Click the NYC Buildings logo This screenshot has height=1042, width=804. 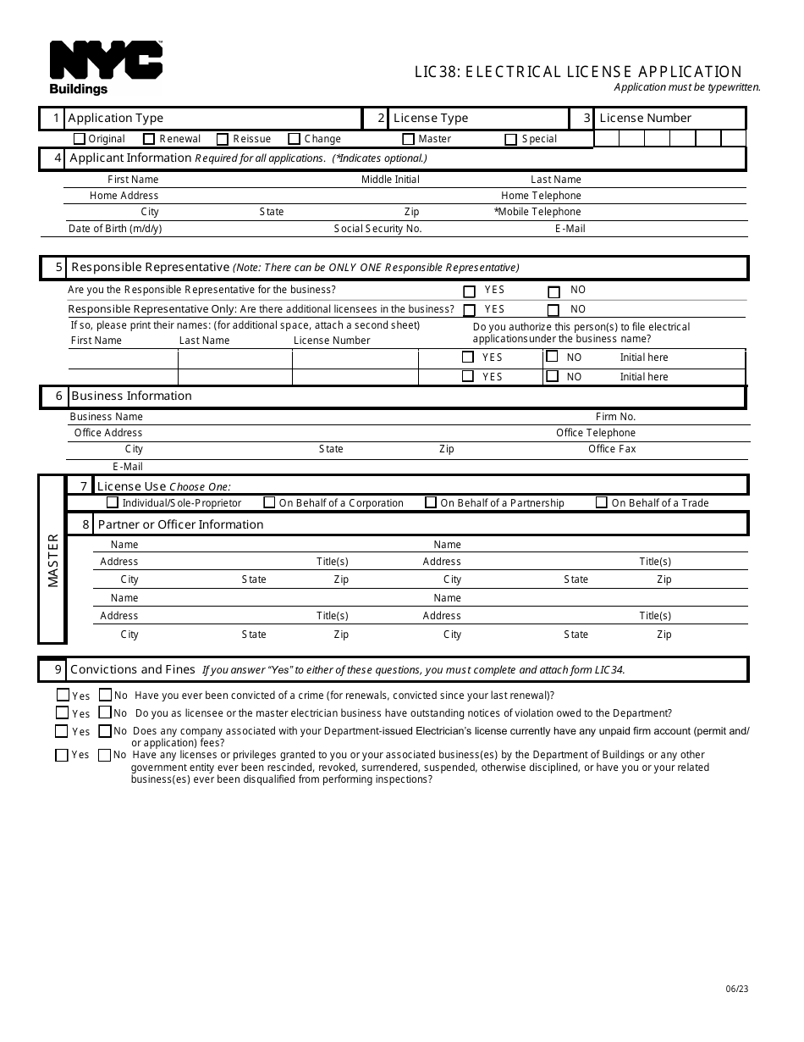pos(106,67)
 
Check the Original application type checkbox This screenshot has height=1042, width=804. pos(80,139)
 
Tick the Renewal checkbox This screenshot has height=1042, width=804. pos(149,139)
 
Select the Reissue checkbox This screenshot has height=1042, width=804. pos(223,139)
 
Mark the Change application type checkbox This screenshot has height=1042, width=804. pos(294,139)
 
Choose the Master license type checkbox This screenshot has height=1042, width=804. pos(408,139)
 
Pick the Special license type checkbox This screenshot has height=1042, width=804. pos(510,139)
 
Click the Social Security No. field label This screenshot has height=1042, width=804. pos(377,229)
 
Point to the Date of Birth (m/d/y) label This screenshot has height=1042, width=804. pos(115,229)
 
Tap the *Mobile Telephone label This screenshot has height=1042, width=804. pos(537,212)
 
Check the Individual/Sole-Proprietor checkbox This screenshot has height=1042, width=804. pos(113,502)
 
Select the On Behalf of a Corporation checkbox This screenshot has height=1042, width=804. pos(269,502)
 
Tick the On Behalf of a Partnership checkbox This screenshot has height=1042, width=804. pos(431,502)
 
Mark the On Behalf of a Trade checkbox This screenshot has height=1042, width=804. pos(601,502)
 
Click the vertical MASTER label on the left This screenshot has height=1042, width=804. pos(53,560)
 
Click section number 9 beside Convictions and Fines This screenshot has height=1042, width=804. pos(58,669)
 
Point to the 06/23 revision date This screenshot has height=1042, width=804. pos(736,989)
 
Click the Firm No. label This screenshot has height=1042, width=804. pos(615,417)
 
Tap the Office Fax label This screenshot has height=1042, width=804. pos(612,449)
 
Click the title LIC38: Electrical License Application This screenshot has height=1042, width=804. pos(578,72)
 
